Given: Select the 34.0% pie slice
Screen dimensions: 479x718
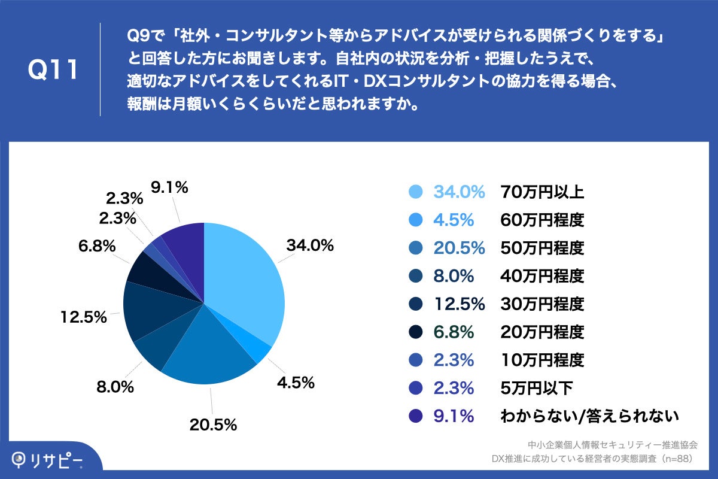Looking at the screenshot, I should pos(245,281).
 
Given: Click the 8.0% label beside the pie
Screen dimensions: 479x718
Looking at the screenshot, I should pos(115,387).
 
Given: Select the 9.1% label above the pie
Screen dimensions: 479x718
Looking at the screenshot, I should pos(169,187).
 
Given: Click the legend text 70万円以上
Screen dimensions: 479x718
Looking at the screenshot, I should pos(541,192).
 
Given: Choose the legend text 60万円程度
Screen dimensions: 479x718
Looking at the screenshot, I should pos(541,220).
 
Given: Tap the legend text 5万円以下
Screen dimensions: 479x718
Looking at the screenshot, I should pos(536,388).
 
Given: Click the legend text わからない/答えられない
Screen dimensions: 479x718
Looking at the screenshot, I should pos(589,416).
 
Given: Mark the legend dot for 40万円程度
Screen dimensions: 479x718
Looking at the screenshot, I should pos(415,276).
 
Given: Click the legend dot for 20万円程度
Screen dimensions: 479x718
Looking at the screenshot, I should pos(415,332).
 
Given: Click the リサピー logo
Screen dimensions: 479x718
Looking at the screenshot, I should pos(48,460).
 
